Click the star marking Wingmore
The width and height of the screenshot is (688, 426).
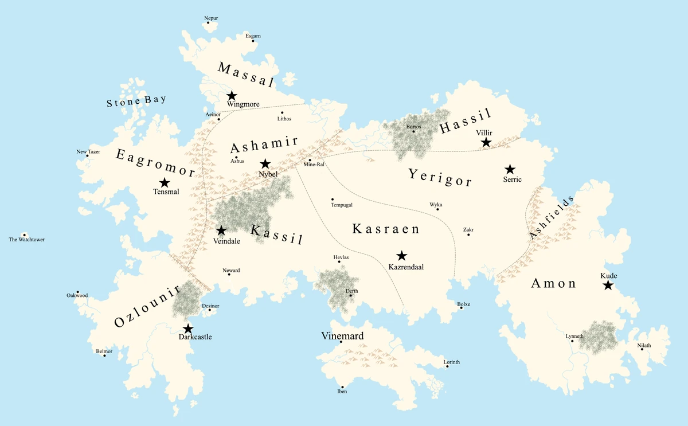[232, 96]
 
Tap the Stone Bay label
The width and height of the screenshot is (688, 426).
[136, 102]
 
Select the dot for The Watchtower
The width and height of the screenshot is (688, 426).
[24, 235]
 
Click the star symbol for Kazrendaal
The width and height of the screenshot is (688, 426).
[402, 256]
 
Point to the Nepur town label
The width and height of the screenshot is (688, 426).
[211, 18]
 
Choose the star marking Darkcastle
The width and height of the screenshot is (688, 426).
[188, 329]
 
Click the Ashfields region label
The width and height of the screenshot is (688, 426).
[551, 217]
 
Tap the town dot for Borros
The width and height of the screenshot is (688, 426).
[413, 131]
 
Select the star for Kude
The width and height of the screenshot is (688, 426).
[608, 285]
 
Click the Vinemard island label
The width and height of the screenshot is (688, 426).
[342, 336]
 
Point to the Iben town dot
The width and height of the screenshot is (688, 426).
[342, 386]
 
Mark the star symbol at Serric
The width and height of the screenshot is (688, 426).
[510, 169]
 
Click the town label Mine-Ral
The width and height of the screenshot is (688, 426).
[314, 165]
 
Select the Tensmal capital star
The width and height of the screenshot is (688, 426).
[165, 183]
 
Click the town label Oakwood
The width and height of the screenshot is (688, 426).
[77, 296]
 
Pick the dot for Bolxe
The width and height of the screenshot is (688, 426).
[461, 308]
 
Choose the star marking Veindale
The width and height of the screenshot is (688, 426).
[221, 230]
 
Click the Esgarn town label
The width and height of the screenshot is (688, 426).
[253, 36]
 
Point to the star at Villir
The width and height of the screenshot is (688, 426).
[486, 142]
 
